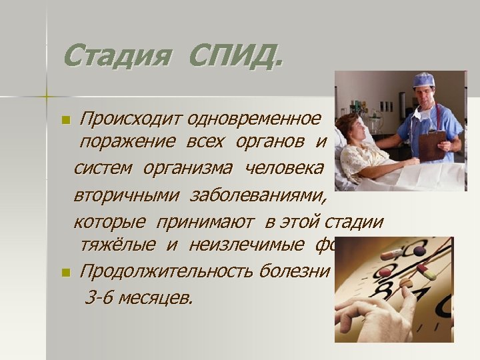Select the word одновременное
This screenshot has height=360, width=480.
[x=254, y=120]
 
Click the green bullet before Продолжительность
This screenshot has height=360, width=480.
[x=65, y=272]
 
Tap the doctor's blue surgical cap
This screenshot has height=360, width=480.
[x=423, y=79]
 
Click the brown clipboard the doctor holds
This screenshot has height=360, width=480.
[x=433, y=144]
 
